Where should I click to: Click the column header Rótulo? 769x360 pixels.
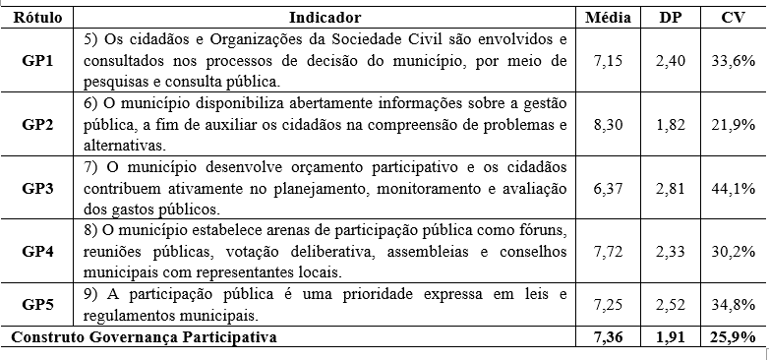[x=37, y=17]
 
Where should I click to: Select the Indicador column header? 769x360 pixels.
[x=325, y=17]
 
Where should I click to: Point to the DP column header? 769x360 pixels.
[x=672, y=17]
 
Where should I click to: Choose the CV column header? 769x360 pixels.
[x=731, y=17]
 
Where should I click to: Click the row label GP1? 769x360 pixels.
[x=37, y=61]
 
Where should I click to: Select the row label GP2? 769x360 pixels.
[x=37, y=124]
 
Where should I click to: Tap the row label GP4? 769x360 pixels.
[x=37, y=251]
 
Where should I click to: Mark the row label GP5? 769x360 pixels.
[x=37, y=305]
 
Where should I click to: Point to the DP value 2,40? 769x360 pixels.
[x=672, y=61]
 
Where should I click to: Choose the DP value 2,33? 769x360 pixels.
[x=672, y=251]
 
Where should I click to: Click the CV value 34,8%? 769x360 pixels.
[x=731, y=305]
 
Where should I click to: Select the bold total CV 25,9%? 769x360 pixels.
[x=731, y=337]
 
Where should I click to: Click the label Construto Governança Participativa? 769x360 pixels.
[x=144, y=337]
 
